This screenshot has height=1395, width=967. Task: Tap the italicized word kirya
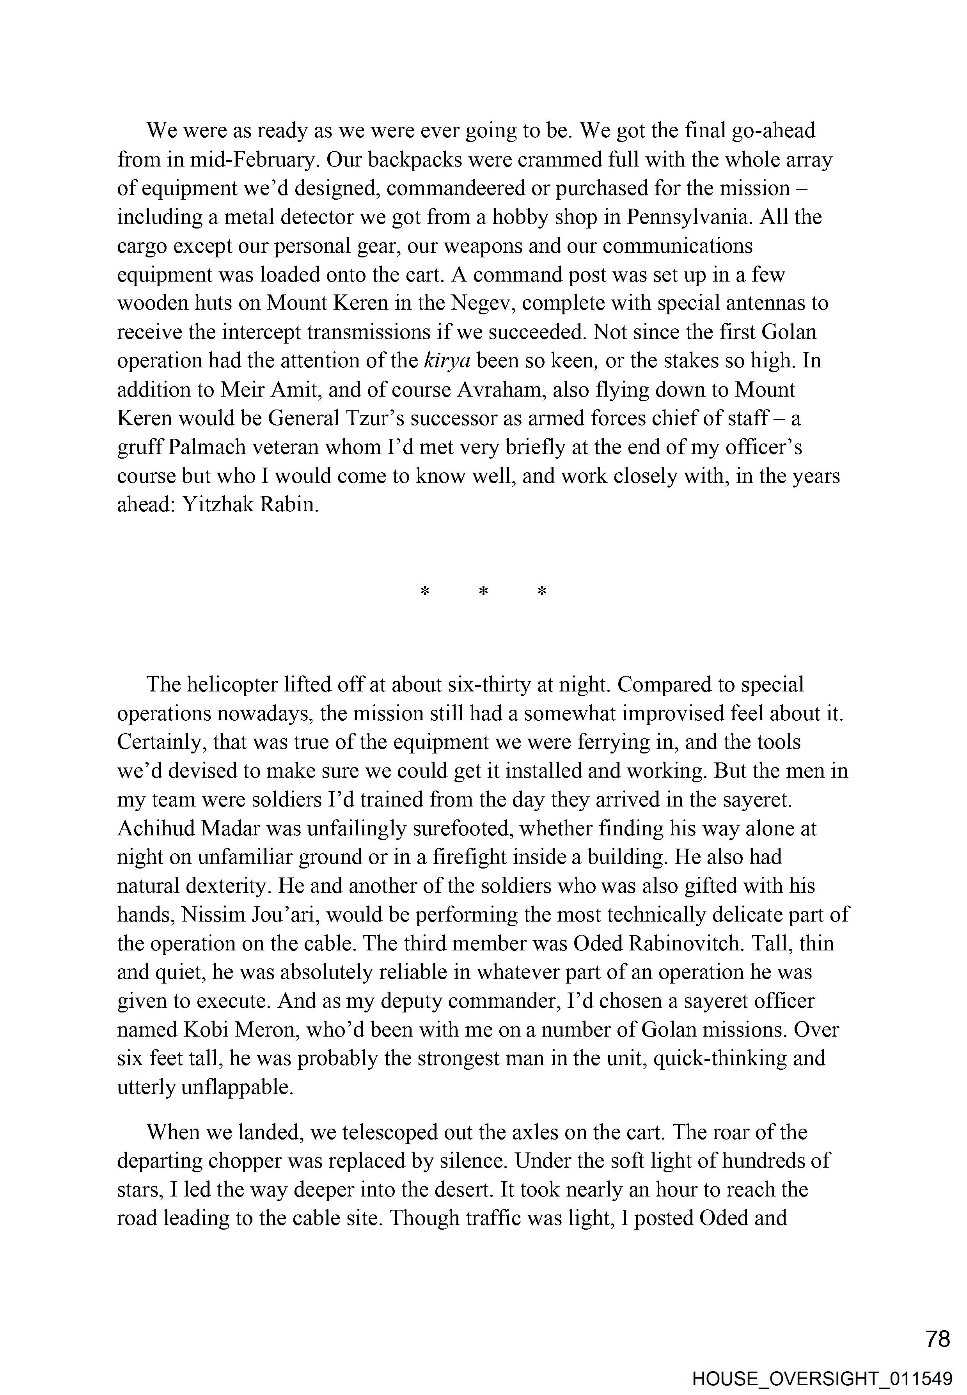(447, 361)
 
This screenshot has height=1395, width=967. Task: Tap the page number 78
(938, 1339)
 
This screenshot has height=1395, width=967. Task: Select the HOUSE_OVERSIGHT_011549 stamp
(822, 1379)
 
